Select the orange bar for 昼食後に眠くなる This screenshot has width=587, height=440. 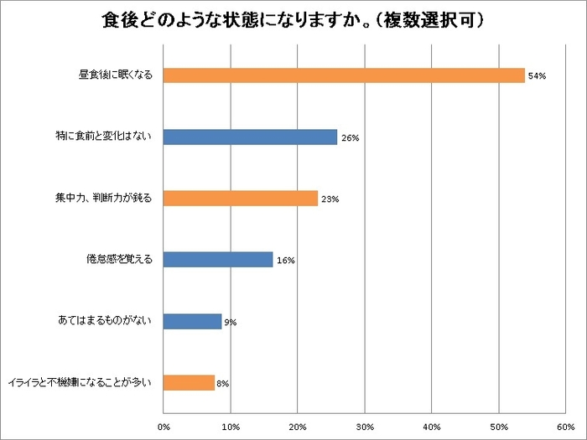pyautogui.click(x=344, y=75)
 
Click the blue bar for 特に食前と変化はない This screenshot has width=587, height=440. pyautogui.click(x=250, y=137)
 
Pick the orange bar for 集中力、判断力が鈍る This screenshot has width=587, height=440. pyautogui.click(x=241, y=199)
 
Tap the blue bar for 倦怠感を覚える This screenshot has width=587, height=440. pyautogui.click(x=218, y=260)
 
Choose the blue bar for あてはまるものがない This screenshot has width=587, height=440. pyautogui.click(x=192, y=321)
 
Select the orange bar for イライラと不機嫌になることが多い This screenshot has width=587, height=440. pyautogui.click(x=189, y=382)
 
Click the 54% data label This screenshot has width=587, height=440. pyautogui.click(x=537, y=76)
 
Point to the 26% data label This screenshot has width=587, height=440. pyautogui.click(x=350, y=138)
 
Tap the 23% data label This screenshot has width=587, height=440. pyautogui.click(x=330, y=199)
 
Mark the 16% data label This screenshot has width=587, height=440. pyautogui.click(x=285, y=261)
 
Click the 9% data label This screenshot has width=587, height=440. pyautogui.click(x=230, y=322)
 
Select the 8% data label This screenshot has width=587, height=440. pyautogui.click(x=223, y=383)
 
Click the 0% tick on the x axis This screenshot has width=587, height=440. pyautogui.click(x=164, y=427)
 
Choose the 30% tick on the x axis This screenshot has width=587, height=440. pyautogui.click(x=365, y=427)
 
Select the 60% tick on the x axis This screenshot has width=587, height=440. pyautogui.click(x=564, y=427)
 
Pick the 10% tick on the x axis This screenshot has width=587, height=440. pyautogui.click(x=231, y=427)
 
